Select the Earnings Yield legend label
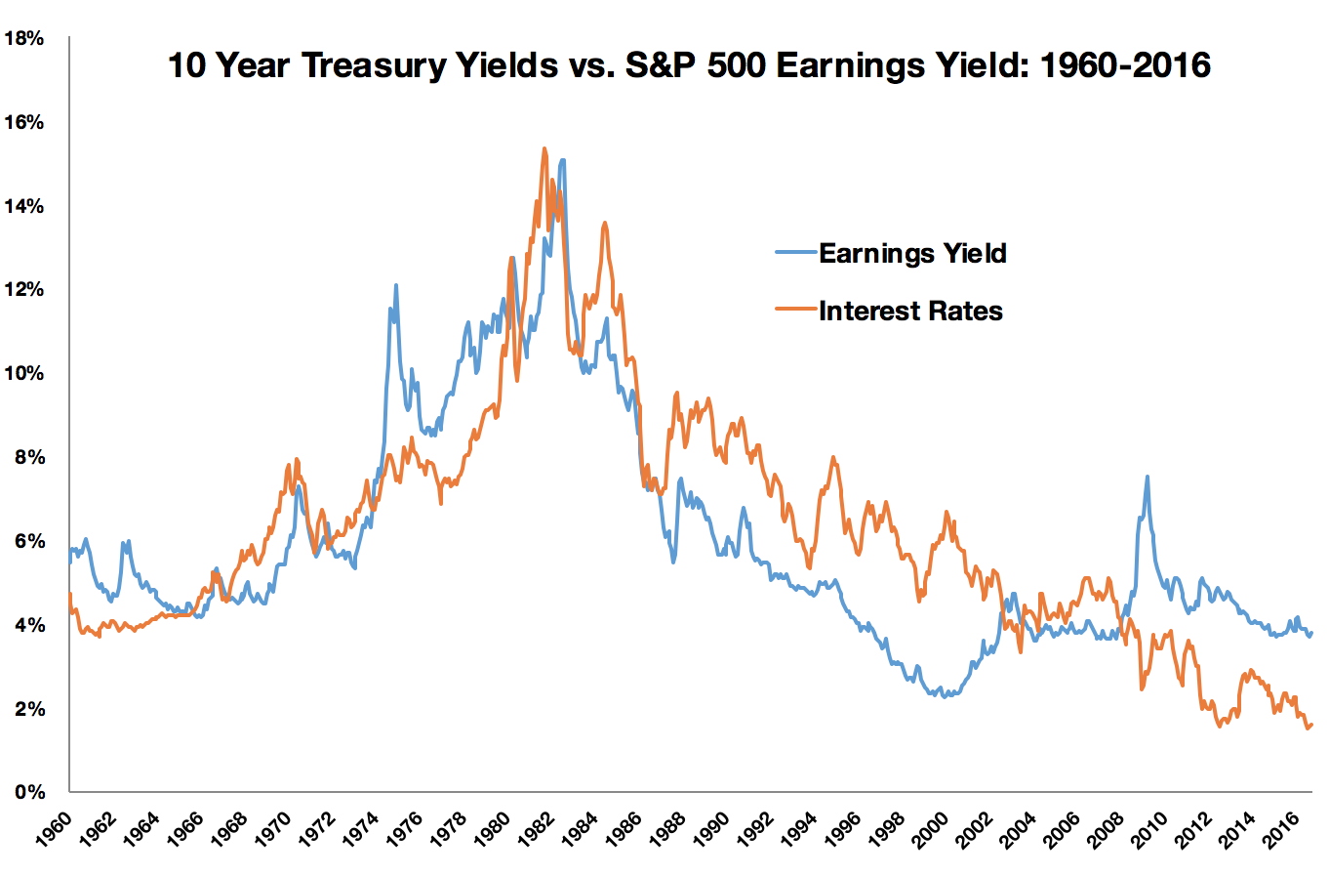point(912,253)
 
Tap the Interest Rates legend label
point(910,311)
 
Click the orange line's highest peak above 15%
point(544,148)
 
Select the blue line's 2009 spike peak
point(1147,477)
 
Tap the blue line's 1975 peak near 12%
point(396,285)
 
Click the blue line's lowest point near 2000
point(944,697)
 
